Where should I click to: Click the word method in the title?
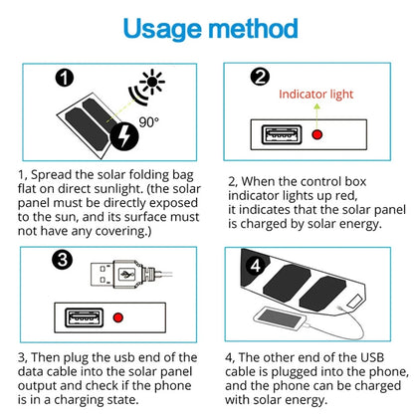click(x=250, y=28)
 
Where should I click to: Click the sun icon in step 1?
click(x=153, y=79)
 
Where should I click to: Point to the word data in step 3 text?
click(x=34, y=372)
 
